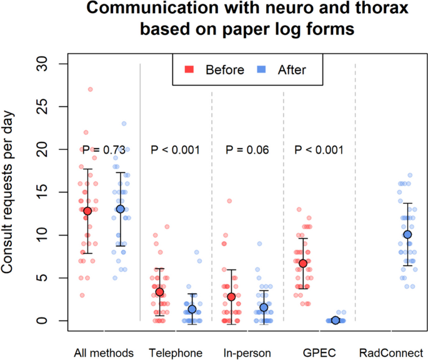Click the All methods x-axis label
[x=104, y=352]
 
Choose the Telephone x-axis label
[x=176, y=352]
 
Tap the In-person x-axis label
[x=247, y=352]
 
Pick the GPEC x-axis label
[x=319, y=352]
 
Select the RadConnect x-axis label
[x=391, y=352]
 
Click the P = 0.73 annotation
[x=104, y=149]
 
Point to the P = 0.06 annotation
[x=247, y=149]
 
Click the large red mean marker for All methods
[x=87, y=211]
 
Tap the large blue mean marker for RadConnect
[x=407, y=234]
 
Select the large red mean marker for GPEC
[x=303, y=263]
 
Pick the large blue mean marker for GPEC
[x=336, y=320]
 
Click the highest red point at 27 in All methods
[x=90, y=89]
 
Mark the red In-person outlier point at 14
[x=229, y=201]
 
